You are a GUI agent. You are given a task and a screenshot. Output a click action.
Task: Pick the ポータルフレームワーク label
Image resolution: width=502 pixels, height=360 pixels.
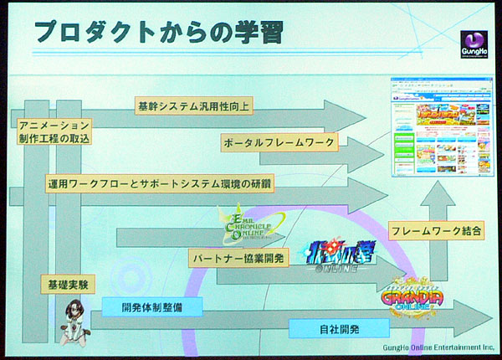point(279,143)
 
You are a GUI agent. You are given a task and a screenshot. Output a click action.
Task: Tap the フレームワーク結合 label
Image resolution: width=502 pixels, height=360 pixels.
point(435,229)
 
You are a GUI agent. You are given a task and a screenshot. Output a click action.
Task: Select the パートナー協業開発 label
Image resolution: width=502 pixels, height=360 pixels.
point(238,258)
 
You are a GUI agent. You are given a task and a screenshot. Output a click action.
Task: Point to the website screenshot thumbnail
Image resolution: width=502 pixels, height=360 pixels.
point(439,126)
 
